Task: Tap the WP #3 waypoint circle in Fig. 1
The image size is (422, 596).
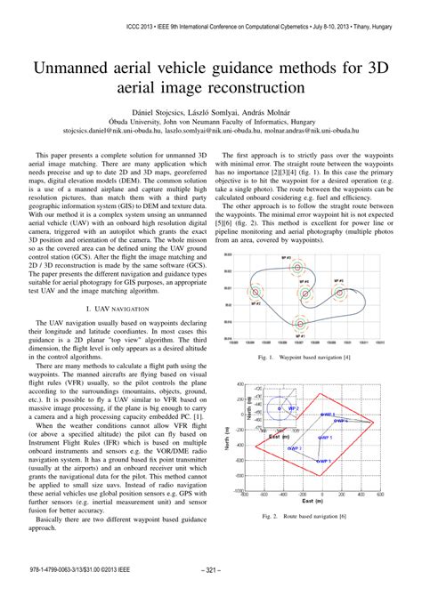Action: tap(308, 268)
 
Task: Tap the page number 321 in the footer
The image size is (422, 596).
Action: tap(211, 571)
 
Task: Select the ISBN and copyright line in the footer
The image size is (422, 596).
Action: tap(77, 571)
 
